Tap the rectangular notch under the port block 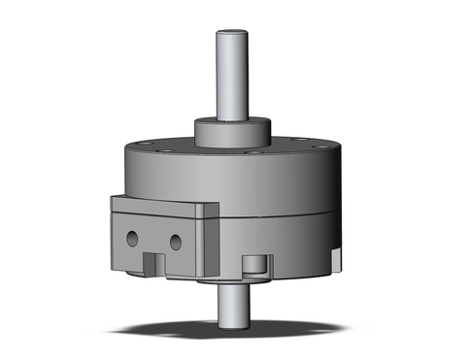(x=151, y=263)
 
